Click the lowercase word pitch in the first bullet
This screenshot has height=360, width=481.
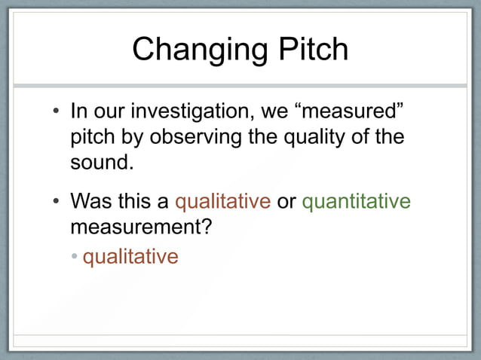coord(89,139)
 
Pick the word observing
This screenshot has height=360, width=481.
coord(195,139)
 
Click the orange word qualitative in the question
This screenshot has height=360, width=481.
coord(222,202)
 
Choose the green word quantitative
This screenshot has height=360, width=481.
coord(356,202)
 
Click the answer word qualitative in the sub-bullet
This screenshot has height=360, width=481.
coord(130,257)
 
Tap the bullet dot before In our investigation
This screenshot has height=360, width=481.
coord(56,114)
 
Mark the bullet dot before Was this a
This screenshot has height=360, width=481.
coord(56,203)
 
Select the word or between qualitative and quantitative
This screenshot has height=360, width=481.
coord(286,202)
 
